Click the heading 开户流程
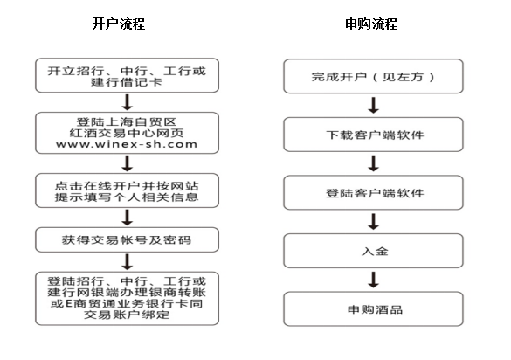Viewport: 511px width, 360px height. click(x=119, y=24)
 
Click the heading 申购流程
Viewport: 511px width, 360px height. click(x=371, y=24)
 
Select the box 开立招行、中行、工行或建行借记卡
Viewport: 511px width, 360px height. click(x=128, y=75)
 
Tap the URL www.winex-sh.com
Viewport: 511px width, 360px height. click(x=127, y=144)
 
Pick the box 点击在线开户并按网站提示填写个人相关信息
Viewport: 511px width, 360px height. click(x=128, y=190)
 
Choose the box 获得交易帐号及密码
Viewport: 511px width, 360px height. click(x=128, y=240)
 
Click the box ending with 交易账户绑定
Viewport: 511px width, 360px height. click(x=128, y=298)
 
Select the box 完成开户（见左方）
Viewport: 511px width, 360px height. click(x=374, y=76)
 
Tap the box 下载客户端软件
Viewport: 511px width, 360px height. click(x=374, y=135)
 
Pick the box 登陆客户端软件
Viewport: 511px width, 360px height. click(x=374, y=192)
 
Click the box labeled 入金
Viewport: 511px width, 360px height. click(x=374, y=251)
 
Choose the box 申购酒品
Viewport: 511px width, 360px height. click(x=374, y=308)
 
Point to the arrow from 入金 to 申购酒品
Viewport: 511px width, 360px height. click(x=374, y=280)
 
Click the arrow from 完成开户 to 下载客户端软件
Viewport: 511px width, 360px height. click(x=374, y=106)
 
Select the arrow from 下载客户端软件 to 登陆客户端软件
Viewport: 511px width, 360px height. click(x=374, y=163)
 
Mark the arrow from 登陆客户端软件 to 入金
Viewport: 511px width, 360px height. click(x=374, y=222)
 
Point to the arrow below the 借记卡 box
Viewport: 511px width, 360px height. click(x=128, y=102)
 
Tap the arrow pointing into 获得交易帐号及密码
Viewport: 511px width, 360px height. click(x=128, y=218)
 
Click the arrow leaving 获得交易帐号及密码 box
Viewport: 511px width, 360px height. click(x=128, y=262)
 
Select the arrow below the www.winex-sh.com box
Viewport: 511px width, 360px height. click(x=128, y=163)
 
